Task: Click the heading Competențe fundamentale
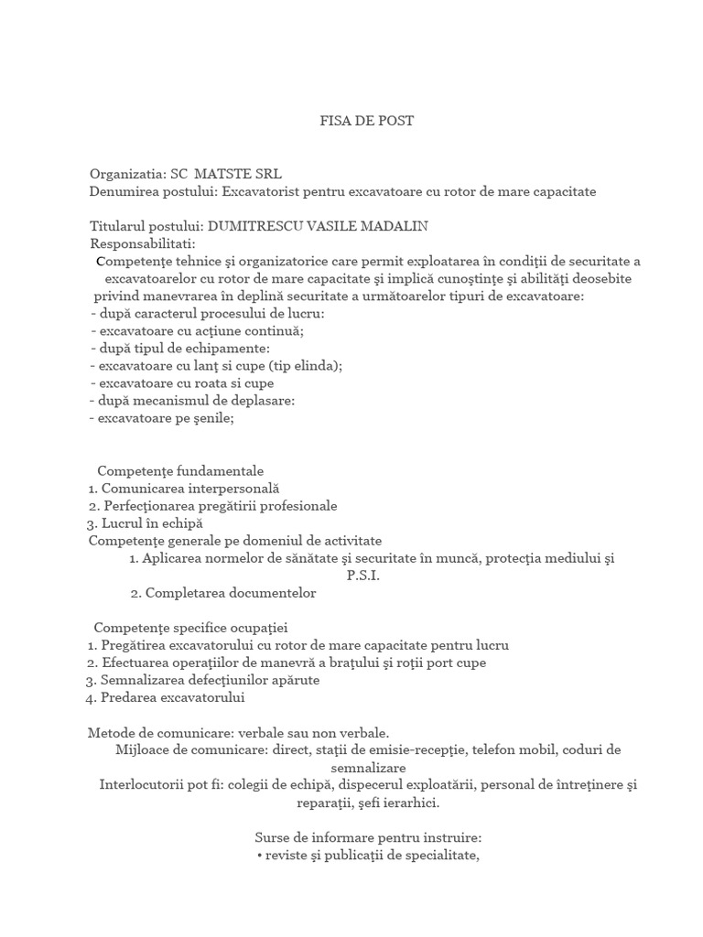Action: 180,470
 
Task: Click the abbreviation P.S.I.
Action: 362,576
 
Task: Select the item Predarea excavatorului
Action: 173,697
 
